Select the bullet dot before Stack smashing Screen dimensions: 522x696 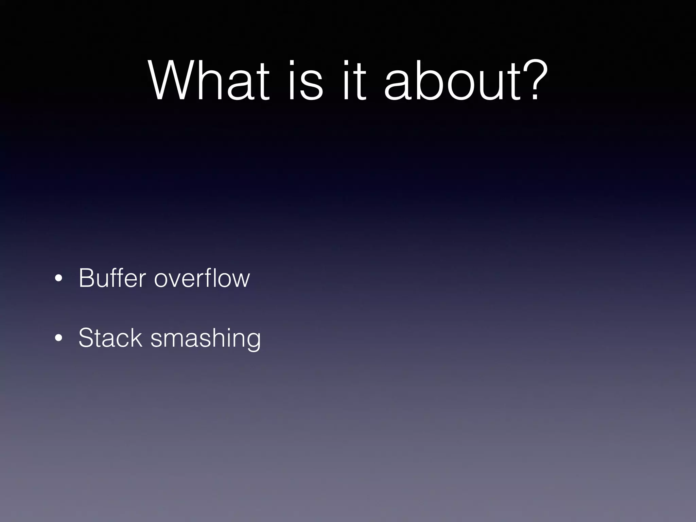(58, 338)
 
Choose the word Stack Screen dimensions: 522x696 (110, 338)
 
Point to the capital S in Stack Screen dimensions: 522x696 (85, 338)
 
